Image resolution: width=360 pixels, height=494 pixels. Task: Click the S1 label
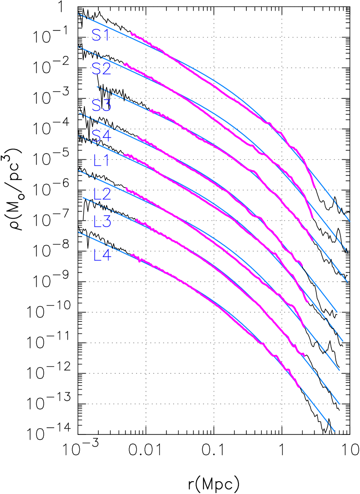click(100, 36)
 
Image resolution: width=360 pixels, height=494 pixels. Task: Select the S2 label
click(101, 69)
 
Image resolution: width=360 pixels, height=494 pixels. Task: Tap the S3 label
click(101, 105)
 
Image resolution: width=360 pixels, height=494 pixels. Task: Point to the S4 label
click(101, 136)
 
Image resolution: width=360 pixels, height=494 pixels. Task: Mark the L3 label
click(102, 221)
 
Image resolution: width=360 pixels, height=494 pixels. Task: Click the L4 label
click(102, 255)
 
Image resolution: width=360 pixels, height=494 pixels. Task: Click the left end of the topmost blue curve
click(78, 14)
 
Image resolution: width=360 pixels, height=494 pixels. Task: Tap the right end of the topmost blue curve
click(350, 221)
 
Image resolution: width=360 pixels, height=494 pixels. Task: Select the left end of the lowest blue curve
click(78, 232)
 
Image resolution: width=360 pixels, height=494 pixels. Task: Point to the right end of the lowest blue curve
click(334, 431)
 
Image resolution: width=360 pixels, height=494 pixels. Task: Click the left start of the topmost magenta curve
click(131, 33)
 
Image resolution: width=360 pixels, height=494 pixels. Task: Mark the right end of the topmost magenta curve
click(315, 187)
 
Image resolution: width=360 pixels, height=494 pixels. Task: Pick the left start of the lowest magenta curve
click(131, 254)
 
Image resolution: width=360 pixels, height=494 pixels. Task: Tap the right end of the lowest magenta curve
click(300, 387)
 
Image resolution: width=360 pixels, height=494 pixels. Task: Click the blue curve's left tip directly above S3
click(97, 87)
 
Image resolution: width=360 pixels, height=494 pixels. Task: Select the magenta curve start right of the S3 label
click(151, 110)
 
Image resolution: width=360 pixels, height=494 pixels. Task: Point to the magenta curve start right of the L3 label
click(136, 220)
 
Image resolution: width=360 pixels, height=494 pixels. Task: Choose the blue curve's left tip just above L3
click(83, 198)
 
